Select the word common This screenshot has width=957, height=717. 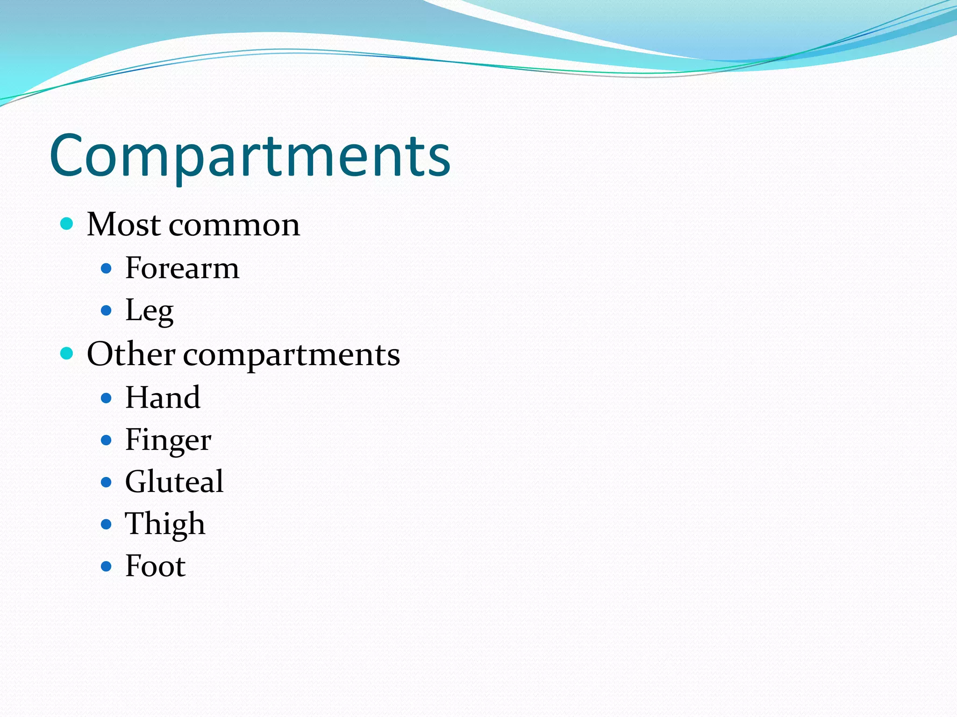pos(234,225)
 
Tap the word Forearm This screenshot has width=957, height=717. pos(182,268)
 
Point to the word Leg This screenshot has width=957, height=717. pos(149,311)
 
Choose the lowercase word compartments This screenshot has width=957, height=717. pos(292,356)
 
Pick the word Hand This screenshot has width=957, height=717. pos(163,398)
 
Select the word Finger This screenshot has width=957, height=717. pos(168,440)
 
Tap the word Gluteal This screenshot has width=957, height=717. pos(174,482)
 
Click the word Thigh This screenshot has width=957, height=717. pos(165,524)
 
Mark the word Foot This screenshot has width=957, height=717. pos(155,566)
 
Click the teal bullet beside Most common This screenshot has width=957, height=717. pos(67,224)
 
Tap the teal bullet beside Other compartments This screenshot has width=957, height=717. pos(67,353)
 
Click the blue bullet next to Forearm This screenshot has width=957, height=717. pos(107,268)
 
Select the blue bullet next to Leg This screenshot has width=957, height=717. pos(107,310)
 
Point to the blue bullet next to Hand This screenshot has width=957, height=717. pos(107,398)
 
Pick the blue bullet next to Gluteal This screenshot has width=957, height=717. pos(107,482)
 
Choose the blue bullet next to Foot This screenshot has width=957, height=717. pos(107,566)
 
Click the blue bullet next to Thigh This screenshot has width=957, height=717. pos(107,524)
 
